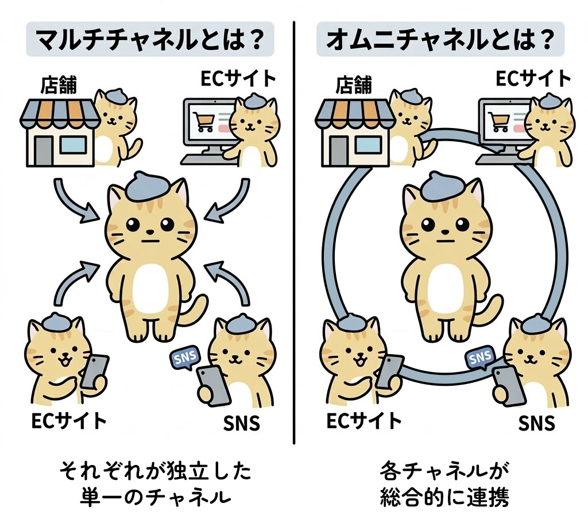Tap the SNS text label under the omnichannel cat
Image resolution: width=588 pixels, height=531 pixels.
coord(537,423)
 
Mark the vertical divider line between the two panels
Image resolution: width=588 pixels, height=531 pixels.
coord(294,230)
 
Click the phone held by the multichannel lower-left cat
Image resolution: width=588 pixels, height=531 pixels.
coord(95,371)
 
